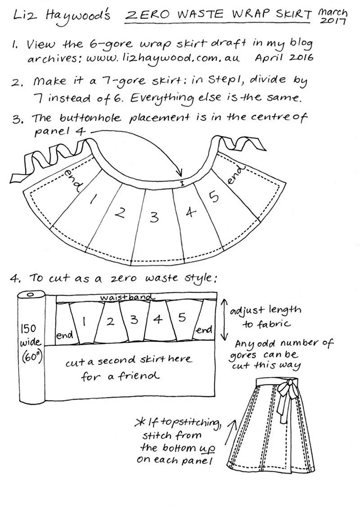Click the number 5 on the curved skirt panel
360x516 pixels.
(214, 196)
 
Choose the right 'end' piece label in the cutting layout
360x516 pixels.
(204, 330)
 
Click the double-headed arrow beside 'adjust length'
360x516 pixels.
(223, 319)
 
